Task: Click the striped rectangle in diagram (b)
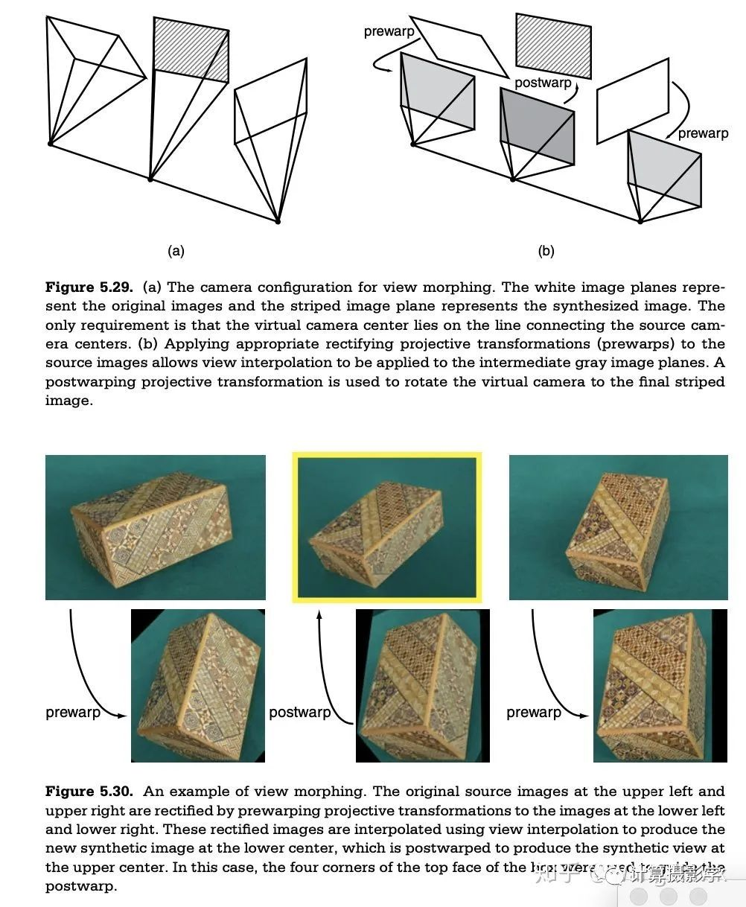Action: (x=553, y=45)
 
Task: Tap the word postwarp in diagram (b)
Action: (x=543, y=83)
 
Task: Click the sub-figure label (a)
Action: (x=176, y=251)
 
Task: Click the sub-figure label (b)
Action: (x=546, y=251)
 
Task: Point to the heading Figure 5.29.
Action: (x=91, y=287)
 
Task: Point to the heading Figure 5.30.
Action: (x=90, y=791)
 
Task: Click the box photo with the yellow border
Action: (x=386, y=527)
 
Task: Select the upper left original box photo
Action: (x=155, y=527)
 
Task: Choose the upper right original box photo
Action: (x=618, y=527)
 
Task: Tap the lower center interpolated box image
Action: (x=422, y=685)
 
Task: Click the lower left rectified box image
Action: (x=197, y=685)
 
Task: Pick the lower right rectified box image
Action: (x=660, y=685)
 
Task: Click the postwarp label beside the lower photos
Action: (x=299, y=713)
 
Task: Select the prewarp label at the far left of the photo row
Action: (x=73, y=713)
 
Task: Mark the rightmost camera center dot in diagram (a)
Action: (x=278, y=221)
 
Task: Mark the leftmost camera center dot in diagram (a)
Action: (x=50, y=143)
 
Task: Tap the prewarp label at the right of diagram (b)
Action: (x=703, y=133)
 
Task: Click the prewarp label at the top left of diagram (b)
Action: (x=389, y=31)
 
